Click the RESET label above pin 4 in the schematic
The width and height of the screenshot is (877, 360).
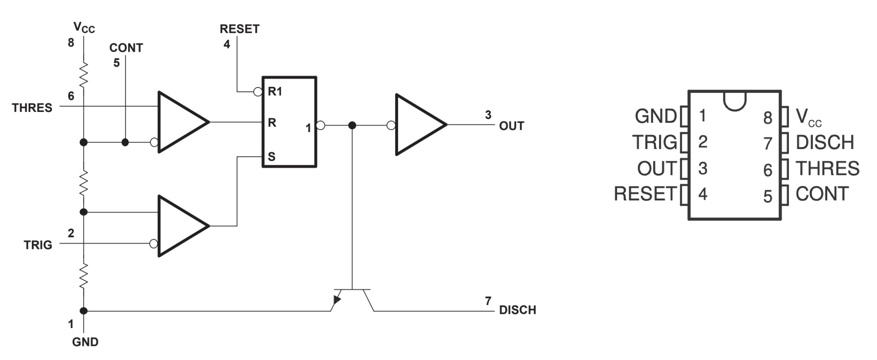(240, 29)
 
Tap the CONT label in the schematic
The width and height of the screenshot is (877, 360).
(126, 48)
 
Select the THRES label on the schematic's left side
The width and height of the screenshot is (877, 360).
(32, 108)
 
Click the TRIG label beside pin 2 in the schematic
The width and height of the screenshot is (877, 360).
(38, 245)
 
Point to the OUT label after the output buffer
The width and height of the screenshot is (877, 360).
(512, 126)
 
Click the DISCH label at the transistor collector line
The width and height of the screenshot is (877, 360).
(518, 310)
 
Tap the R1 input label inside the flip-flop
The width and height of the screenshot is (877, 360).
(275, 92)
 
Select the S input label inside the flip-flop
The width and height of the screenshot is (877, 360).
(272, 157)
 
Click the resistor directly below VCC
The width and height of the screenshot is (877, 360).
(84, 75)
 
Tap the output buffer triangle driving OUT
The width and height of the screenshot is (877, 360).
(422, 124)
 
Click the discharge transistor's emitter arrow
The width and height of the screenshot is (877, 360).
(336, 300)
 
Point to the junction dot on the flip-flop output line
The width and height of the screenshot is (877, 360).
(352, 126)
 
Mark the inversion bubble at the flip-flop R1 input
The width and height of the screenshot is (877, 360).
(258, 92)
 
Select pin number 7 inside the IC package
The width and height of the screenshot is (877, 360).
(768, 143)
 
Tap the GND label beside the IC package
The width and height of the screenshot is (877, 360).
(656, 116)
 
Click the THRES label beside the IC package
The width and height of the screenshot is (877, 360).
(828, 168)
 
